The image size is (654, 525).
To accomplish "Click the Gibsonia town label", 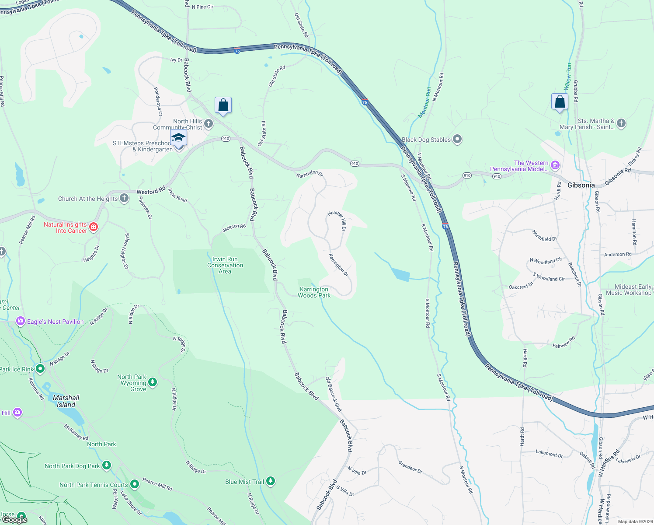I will (x=581, y=185).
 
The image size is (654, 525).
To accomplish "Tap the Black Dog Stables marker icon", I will (x=457, y=140).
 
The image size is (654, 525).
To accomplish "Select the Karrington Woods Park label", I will (x=314, y=292).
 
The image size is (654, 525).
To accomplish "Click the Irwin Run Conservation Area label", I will (x=225, y=265).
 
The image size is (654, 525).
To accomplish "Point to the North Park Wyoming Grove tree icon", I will (x=153, y=382).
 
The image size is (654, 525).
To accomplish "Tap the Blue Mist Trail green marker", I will (x=271, y=481).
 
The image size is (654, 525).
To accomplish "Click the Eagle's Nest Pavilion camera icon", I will (x=20, y=322).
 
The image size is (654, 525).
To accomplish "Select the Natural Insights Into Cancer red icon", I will (x=93, y=227).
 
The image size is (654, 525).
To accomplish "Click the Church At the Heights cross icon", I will (x=124, y=198).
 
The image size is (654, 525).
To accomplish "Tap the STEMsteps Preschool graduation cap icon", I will (x=178, y=138).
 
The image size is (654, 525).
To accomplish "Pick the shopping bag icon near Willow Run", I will (x=560, y=102).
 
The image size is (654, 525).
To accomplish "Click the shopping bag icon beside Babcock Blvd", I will (x=223, y=105).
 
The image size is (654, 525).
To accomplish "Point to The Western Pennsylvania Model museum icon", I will (x=555, y=165).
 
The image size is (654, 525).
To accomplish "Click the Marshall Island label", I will (x=66, y=401).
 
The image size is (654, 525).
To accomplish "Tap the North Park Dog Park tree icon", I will (x=106, y=465).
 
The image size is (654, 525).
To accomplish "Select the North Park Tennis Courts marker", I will (x=135, y=484).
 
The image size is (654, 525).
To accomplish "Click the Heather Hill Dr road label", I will (x=337, y=220).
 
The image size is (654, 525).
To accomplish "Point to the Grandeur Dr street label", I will (x=410, y=466).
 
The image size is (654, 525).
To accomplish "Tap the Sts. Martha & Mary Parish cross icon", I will (x=621, y=123).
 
